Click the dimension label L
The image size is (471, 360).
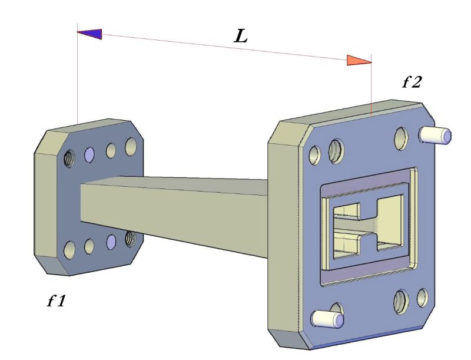tap(240, 37)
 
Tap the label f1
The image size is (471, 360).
tap(57, 302)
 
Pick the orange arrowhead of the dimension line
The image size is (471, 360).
tap(359, 60)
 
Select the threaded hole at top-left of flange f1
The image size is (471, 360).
tap(70, 157)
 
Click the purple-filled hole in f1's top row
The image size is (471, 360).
tap(89, 154)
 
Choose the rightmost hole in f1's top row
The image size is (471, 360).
tap(131, 147)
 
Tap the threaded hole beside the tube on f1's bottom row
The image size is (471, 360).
tap(130, 238)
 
